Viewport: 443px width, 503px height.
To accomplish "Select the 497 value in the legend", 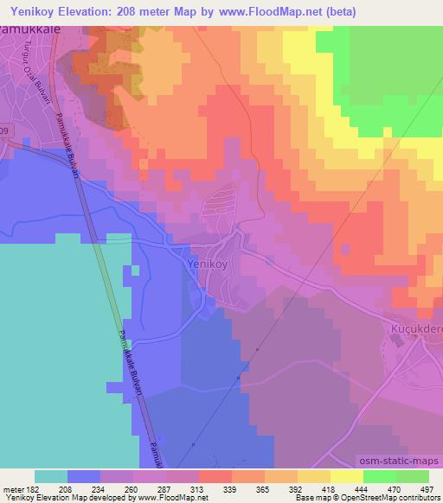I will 427,488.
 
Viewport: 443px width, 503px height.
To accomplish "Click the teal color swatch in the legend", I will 51,476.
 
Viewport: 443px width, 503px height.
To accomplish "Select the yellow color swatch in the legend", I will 346,476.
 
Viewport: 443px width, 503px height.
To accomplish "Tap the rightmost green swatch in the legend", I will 412,476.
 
